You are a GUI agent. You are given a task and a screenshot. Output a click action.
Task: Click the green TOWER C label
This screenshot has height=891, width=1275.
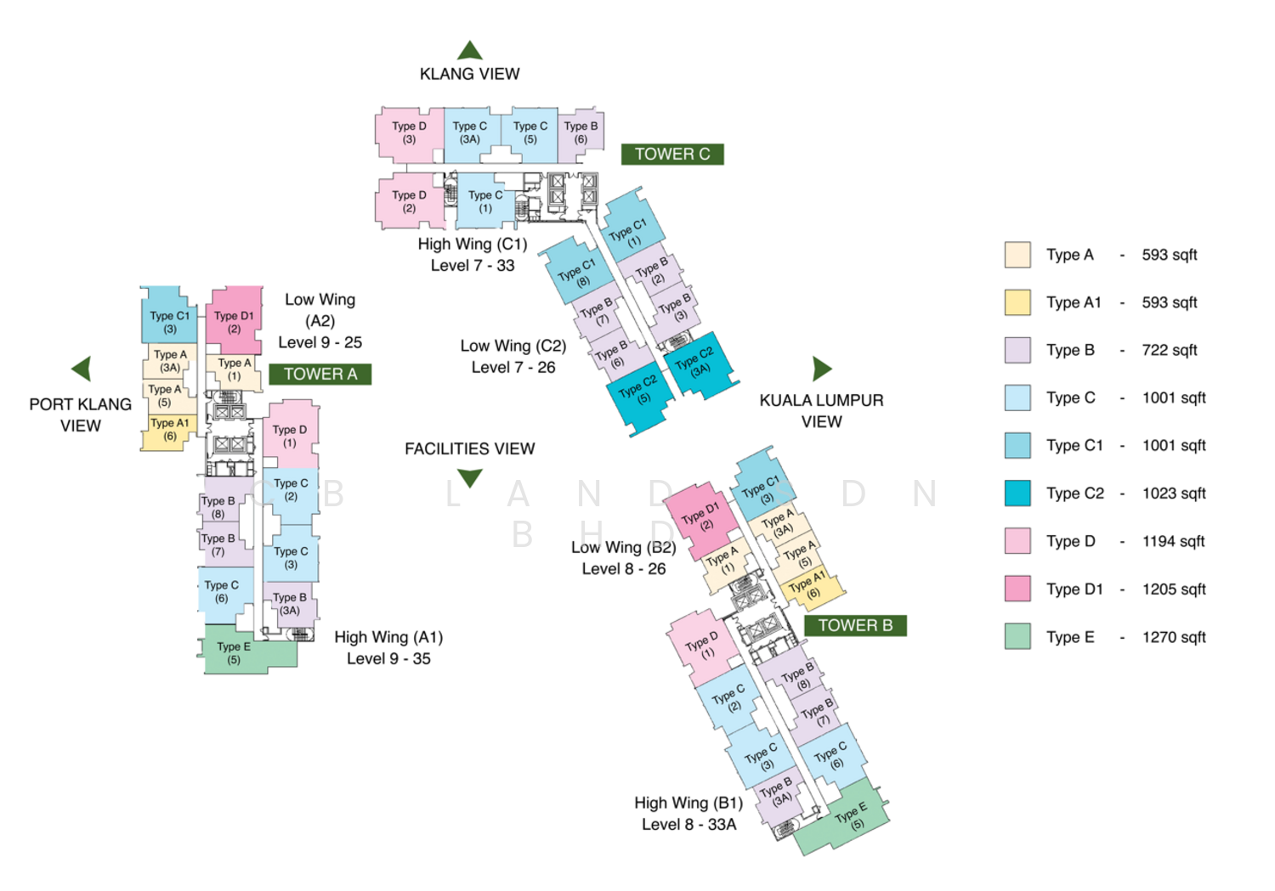[672, 154]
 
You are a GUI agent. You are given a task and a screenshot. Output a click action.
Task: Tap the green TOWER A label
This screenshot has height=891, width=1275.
[320, 374]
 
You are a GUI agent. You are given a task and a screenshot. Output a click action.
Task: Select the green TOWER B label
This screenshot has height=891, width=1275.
[855, 625]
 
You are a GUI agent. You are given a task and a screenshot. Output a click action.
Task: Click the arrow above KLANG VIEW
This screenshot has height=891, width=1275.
[469, 50]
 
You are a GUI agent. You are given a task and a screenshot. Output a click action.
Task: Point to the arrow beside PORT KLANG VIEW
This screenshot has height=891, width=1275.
[81, 369]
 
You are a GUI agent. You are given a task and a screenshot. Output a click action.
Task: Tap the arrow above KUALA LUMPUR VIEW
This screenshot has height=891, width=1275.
[822, 369]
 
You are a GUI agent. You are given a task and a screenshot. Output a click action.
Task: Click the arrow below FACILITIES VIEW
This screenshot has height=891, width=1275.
[469, 478]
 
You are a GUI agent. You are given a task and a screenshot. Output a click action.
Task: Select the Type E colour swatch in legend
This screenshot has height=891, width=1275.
[1017, 636]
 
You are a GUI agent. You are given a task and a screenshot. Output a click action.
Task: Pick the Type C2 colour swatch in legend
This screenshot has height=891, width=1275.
[1017, 493]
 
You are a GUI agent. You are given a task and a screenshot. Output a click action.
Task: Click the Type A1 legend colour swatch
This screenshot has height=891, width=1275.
[1017, 302]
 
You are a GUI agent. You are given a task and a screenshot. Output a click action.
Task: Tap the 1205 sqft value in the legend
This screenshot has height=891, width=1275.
[1174, 589]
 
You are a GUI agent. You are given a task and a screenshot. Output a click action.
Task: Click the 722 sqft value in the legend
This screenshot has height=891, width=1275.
[1169, 350]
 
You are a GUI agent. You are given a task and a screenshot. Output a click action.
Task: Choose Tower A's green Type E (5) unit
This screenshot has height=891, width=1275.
[249, 649]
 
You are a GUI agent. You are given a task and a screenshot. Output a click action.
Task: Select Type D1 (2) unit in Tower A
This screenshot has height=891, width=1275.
[234, 320]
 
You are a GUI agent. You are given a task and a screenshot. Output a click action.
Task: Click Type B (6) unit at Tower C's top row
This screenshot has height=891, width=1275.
[581, 134]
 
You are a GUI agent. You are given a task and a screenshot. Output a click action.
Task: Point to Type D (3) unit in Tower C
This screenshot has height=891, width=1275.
[409, 134]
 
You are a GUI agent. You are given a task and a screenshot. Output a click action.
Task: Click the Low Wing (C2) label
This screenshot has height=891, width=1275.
[513, 346]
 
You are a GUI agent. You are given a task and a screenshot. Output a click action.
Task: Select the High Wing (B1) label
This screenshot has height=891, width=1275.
[688, 803]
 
